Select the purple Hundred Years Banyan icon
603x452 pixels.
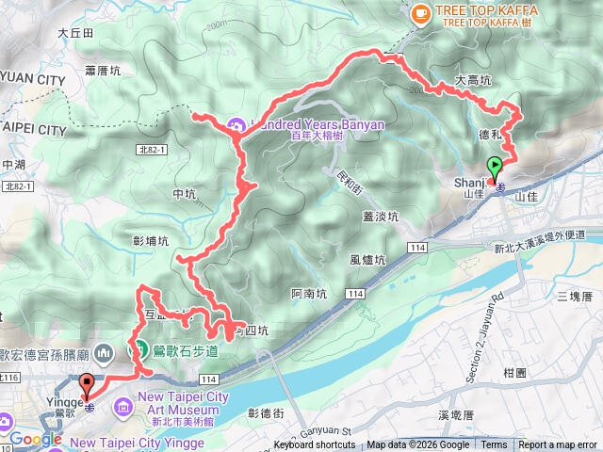pyautogui.click(x=236, y=123)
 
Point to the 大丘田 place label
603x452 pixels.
pyautogui.click(x=75, y=32)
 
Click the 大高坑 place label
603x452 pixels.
pyautogui.click(x=472, y=81)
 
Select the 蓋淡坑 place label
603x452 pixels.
pyautogui.click(x=381, y=217)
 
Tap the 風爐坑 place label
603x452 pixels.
pyautogui.click(x=367, y=260)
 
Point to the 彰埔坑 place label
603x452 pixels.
pyautogui.click(x=152, y=240)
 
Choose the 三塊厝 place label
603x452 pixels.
pyautogui.click(x=574, y=297)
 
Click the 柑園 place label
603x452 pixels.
pyautogui.click(x=514, y=372)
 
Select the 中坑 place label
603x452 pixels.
pyautogui.click(x=184, y=195)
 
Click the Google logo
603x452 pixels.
pyautogui.click(x=35, y=439)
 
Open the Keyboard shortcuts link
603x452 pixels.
pyautogui.click(x=315, y=445)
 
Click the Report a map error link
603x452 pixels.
pyautogui.click(x=559, y=445)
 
